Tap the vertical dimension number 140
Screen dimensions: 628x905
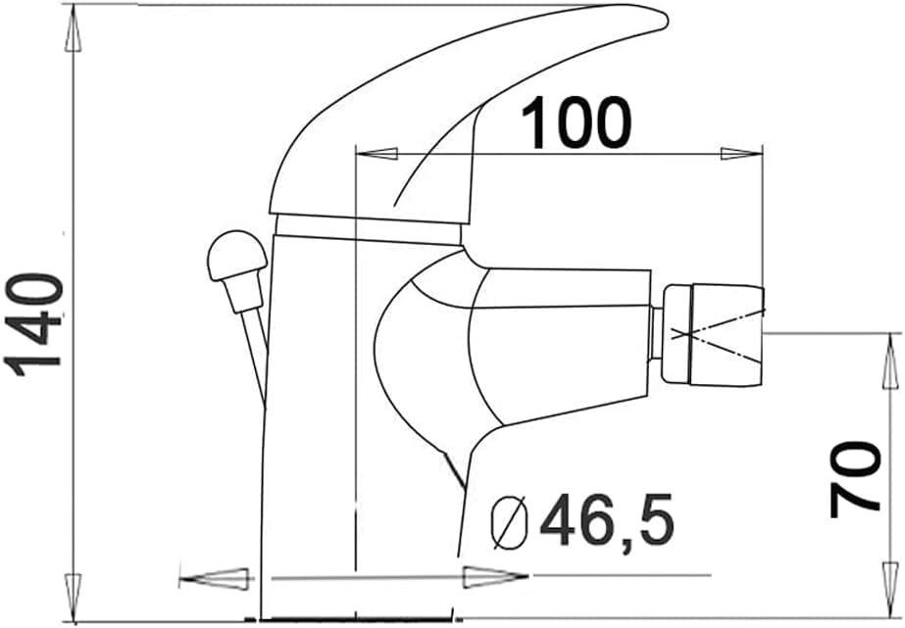pyautogui.click(x=36, y=325)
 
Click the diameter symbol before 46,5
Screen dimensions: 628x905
pyautogui.click(x=511, y=521)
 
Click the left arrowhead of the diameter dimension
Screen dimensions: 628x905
pyautogui.click(x=216, y=578)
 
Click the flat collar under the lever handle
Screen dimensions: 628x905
pyautogui.click(x=367, y=231)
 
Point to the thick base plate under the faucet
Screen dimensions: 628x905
pyautogui.click(x=358, y=618)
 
